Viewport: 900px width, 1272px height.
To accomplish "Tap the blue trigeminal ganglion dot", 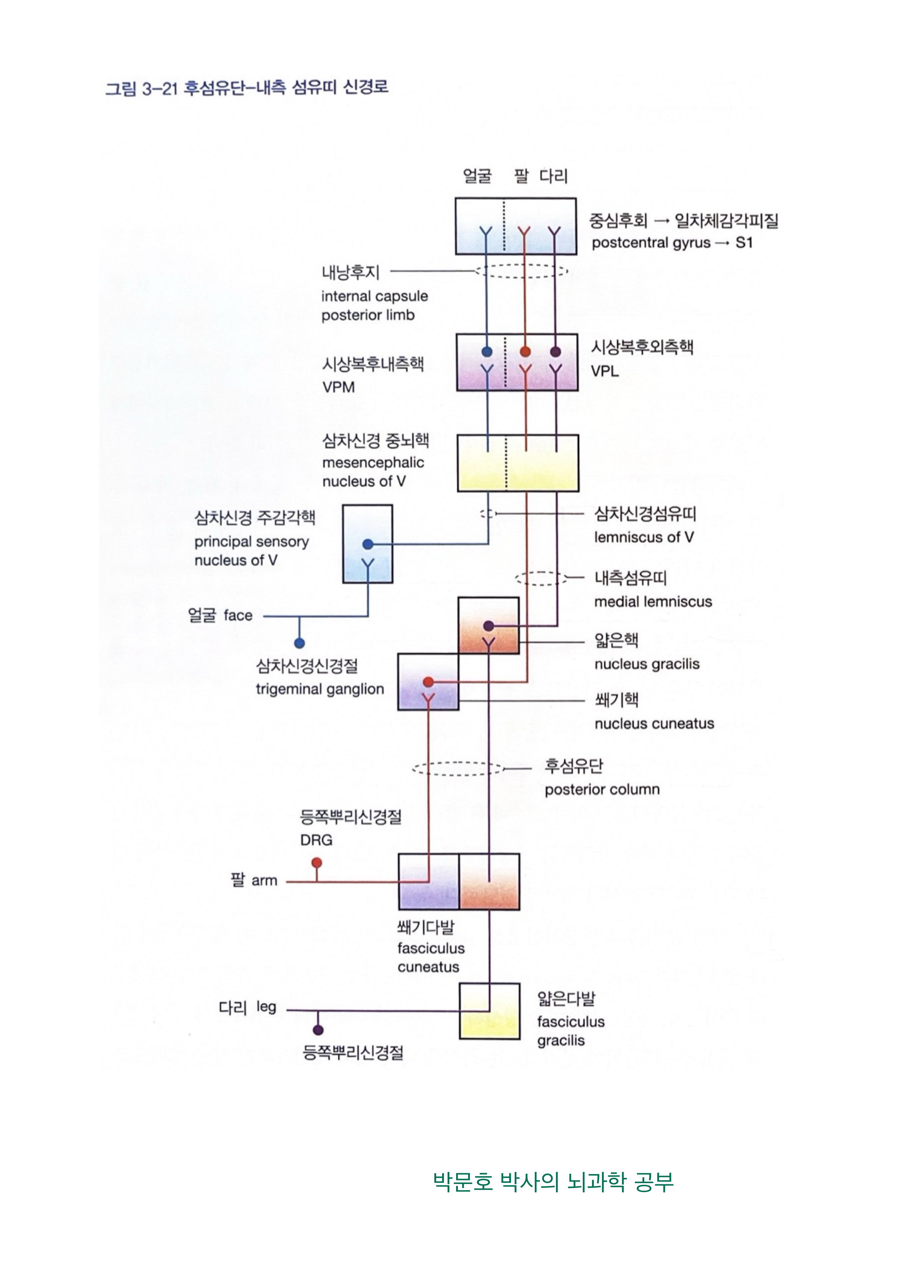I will pos(299,643).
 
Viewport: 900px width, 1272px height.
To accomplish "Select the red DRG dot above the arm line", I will pos(316,862).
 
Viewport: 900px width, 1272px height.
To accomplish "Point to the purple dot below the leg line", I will pos(318,1030).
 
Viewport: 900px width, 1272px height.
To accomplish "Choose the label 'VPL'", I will pos(605,371).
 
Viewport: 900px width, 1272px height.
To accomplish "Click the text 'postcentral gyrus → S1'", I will pos(672,243).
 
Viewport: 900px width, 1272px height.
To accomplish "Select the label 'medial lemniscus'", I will pos(653,602).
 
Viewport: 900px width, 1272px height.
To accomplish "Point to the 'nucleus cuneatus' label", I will pos(654,723).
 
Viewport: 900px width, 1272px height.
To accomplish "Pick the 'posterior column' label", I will pos(602,789).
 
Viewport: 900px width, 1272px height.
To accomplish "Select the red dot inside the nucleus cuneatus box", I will pos(428,681).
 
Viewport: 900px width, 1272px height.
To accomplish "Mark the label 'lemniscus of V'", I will pos(643,537).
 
